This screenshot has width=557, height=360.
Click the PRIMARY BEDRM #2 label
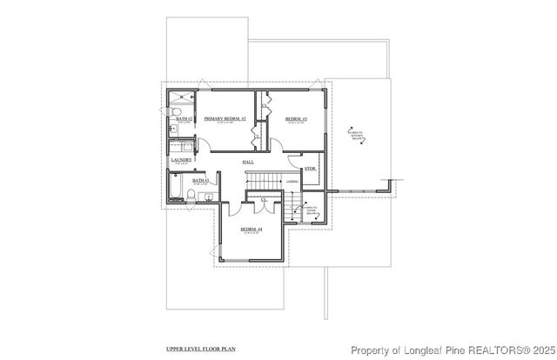(225, 118)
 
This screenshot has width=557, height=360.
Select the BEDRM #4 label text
(252, 229)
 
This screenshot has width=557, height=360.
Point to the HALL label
(248, 163)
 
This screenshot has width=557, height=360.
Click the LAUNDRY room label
(181, 160)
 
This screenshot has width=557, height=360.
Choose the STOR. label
(309, 169)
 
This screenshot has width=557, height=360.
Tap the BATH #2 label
(184, 118)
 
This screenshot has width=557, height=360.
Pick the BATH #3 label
(199, 181)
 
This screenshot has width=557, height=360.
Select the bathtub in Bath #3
(177, 189)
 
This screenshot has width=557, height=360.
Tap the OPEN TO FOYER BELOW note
(310, 208)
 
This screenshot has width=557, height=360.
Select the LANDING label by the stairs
(292, 181)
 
